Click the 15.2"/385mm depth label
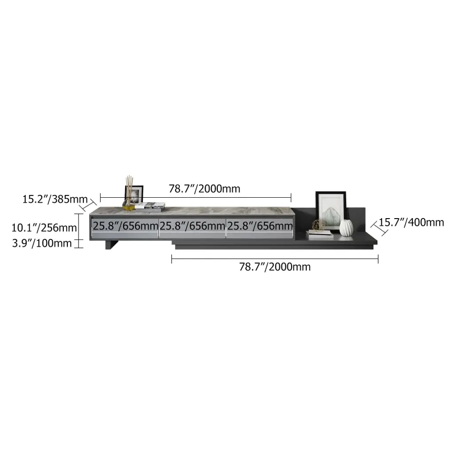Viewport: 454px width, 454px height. (55, 200)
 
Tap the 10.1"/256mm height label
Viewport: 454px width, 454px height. (44, 228)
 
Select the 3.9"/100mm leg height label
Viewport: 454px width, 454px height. (42, 243)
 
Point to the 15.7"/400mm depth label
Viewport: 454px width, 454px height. (411, 223)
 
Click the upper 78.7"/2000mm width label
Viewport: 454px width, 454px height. (204, 189)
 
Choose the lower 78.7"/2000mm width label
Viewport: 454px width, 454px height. (275, 266)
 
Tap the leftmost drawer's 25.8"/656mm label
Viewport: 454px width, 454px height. (125, 226)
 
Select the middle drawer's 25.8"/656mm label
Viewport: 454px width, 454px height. (192, 226)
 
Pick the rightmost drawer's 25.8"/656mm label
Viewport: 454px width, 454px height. (260, 226)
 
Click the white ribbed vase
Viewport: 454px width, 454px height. (346, 228)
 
